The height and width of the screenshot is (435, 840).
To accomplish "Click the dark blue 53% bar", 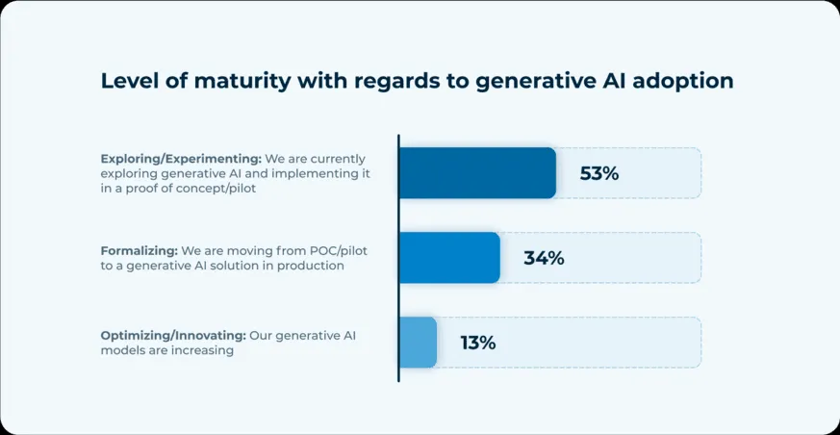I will coord(477,173).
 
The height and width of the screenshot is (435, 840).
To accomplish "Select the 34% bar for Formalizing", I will coord(449,258).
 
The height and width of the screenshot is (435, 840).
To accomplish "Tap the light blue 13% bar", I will coord(418,343).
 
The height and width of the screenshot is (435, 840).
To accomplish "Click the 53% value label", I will coord(598,174).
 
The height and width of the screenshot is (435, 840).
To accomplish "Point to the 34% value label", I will coord(544,258).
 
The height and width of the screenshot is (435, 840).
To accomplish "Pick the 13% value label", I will coord(478,343).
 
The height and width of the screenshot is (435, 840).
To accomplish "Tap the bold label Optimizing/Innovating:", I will coord(173,335).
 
